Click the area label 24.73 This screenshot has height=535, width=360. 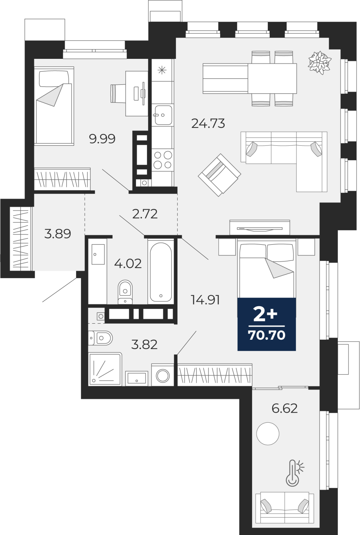tap(208, 123)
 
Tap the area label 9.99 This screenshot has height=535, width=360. tap(102, 138)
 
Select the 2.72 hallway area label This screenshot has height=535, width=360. tap(145, 214)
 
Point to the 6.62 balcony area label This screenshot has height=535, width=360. tap(284, 408)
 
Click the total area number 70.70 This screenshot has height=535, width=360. tap(267, 335)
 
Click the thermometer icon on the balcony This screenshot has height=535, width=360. tap(295, 473)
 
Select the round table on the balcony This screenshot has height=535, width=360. tap(268, 433)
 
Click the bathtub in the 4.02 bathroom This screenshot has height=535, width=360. tap(161, 272)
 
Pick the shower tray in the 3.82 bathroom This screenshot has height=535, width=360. tap(105, 369)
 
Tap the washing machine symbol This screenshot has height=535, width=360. tap(162, 375)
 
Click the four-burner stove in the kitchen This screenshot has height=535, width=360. tap(163, 160)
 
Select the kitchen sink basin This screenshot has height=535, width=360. tap(163, 115)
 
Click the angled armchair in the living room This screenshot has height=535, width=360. tap(220, 175)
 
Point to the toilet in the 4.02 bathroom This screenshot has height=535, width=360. tap(125, 292)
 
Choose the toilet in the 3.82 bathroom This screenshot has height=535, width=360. tap(100, 338)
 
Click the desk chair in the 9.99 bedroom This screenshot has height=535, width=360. tap(118, 93)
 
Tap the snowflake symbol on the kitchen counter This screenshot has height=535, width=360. tap(162, 70)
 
